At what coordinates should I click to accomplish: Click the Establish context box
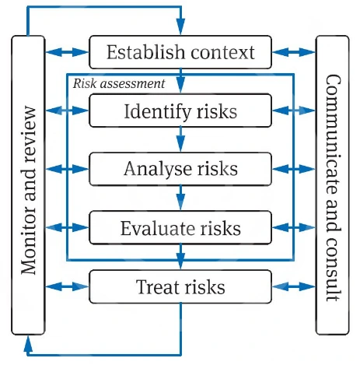point(180,52)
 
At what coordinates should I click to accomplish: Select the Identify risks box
point(180,111)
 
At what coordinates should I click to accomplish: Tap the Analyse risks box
point(180,169)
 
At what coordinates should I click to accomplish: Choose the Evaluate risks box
point(180,228)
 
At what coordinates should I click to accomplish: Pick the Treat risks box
point(180,286)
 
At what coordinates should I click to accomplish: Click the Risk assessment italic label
point(119,83)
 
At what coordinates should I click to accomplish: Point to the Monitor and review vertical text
point(28,190)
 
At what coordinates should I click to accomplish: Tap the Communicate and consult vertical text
point(333,188)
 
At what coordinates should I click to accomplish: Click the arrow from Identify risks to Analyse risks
point(180,139)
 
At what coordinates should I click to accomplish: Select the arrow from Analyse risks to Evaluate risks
point(180,198)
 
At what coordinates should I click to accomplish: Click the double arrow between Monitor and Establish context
point(67,52)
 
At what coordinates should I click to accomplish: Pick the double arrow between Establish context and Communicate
point(294,52)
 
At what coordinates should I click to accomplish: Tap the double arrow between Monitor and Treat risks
point(67,286)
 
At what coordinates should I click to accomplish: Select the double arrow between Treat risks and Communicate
point(294,286)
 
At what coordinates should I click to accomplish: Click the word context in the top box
point(223,52)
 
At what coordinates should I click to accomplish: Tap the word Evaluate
point(158,228)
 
